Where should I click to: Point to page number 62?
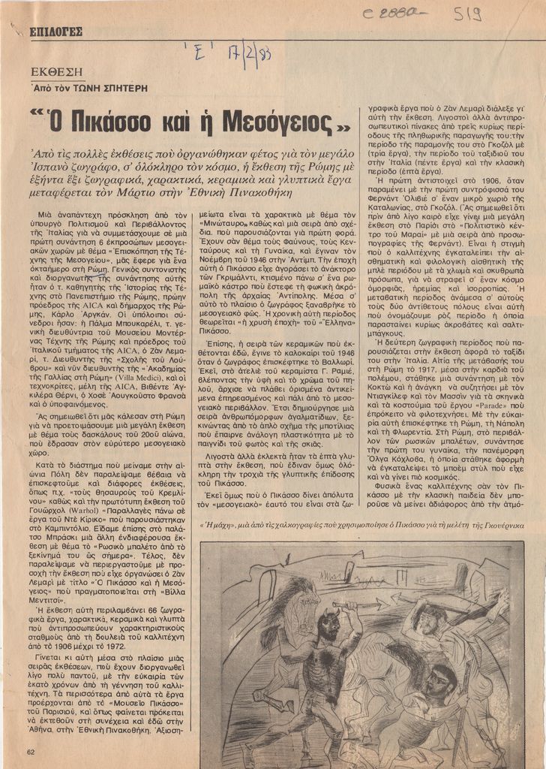31,752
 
